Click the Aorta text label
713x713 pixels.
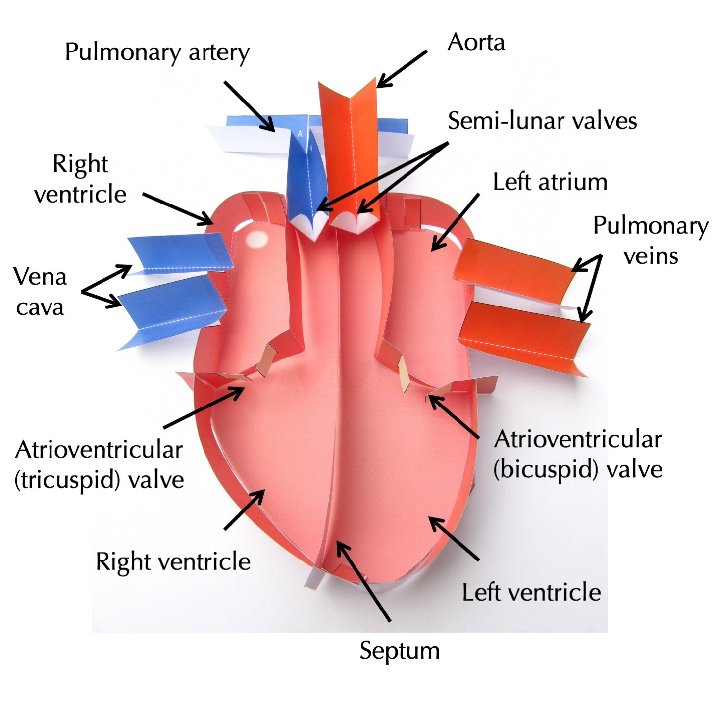pyautogui.click(x=476, y=43)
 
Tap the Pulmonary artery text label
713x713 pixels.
pyautogui.click(x=157, y=52)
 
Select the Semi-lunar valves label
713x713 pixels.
pyautogui.click(x=542, y=121)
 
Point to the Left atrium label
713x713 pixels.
pyautogui.click(x=550, y=182)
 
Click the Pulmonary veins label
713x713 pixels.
pyautogui.click(x=650, y=241)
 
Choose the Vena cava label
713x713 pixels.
pyautogui.click(x=40, y=292)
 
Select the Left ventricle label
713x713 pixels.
pyautogui.click(x=531, y=592)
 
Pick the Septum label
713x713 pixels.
pyautogui.click(x=400, y=650)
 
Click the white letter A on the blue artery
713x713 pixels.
pyautogui.click(x=300, y=134)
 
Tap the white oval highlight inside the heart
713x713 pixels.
pyautogui.click(x=257, y=240)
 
